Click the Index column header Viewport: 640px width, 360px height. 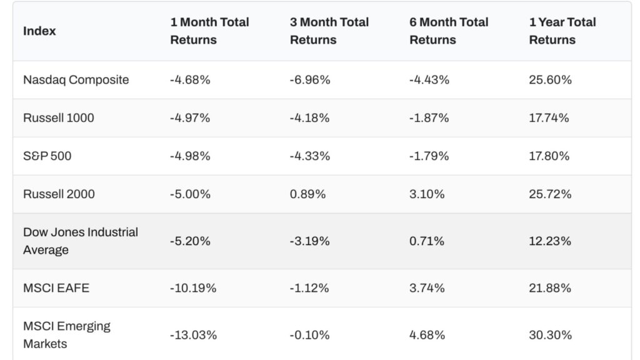pos(39,31)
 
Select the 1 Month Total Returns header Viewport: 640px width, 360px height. pos(209,31)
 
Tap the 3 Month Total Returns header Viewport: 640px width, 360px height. pos(329,31)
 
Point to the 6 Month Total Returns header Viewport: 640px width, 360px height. pos(449,31)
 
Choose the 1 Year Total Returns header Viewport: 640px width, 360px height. pos(562,31)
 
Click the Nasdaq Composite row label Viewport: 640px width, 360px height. pos(76,80)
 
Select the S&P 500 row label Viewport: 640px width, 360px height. pos(47,156)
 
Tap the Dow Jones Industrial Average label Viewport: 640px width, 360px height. pos(80,241)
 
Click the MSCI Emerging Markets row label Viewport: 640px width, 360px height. pos(66,335)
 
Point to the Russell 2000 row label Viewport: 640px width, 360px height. pos(59,194)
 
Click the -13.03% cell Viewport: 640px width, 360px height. pos(193,335)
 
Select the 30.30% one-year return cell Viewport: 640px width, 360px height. pos(550,335)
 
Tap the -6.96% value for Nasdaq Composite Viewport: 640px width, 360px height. pos(309,80)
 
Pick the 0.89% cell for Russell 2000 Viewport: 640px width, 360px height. pos(307,194)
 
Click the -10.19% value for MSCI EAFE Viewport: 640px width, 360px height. pos(193,288)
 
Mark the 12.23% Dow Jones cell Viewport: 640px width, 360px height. pos(549,241)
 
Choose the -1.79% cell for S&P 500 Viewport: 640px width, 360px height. pos(429,156)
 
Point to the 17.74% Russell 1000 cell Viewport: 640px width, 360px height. pos(549,117)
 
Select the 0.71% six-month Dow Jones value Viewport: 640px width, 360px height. pos(427,241)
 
